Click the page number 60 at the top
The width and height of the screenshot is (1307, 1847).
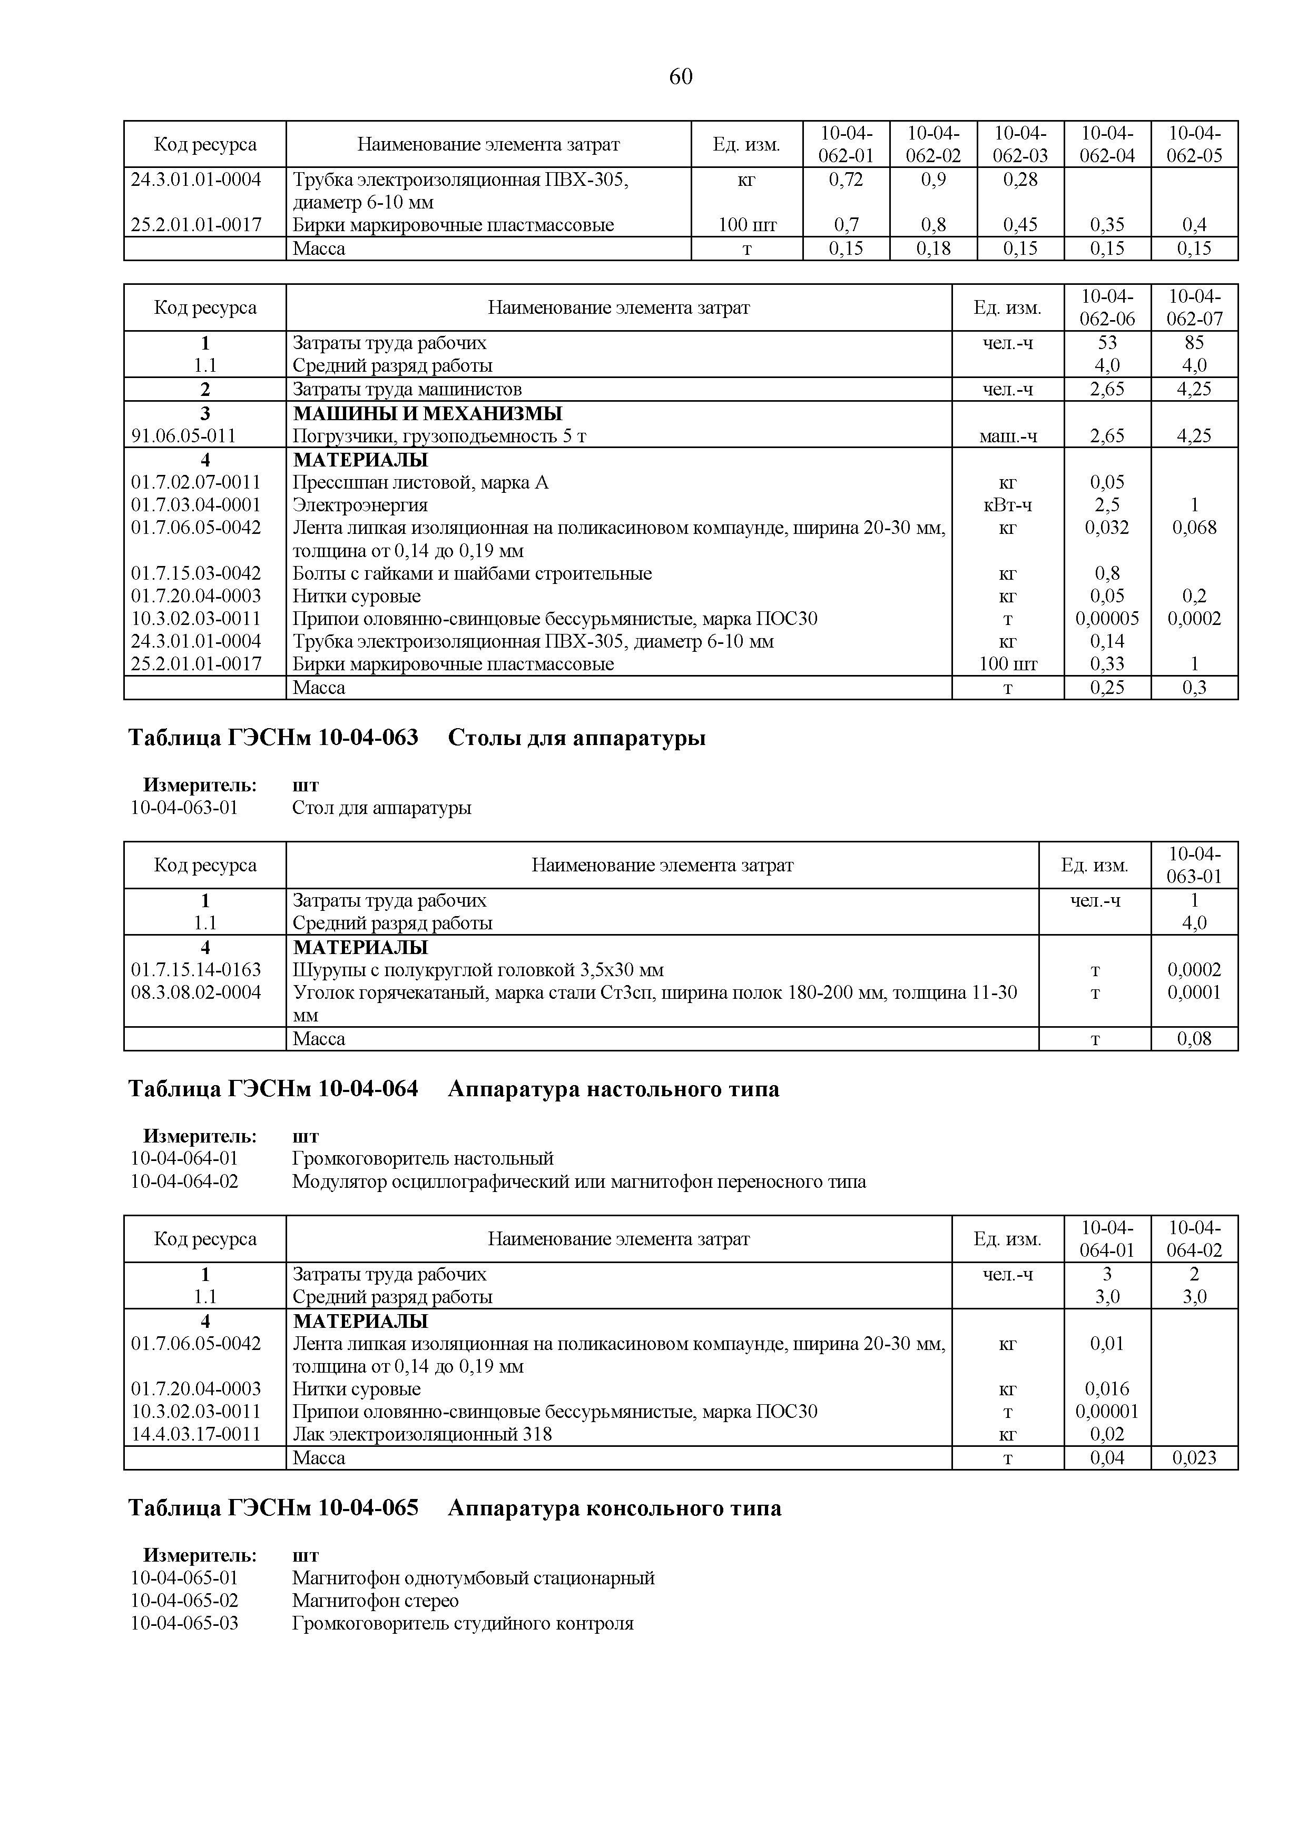click(680, 76)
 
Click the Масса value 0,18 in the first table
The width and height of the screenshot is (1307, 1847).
click(933, 249)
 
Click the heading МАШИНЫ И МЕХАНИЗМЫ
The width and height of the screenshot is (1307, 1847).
click(427, 413)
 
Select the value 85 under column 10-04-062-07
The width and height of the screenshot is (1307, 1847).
click(1194, 343)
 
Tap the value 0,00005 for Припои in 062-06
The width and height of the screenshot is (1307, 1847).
click(1107, 619)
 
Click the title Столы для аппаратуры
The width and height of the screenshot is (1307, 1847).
click(576, 737)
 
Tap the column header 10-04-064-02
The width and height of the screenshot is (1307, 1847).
click(1194, 1239)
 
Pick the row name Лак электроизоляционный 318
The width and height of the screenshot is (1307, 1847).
click(422, 1434)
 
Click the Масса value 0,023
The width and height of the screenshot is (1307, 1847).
click(1194, 1458)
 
